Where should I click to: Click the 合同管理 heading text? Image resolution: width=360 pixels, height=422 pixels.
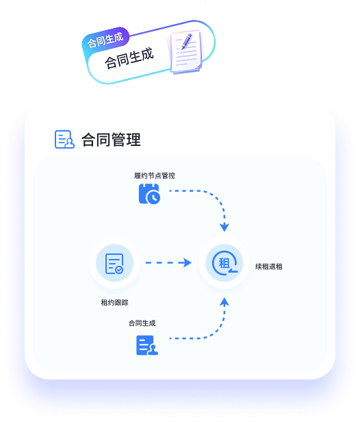[x=111, y=140]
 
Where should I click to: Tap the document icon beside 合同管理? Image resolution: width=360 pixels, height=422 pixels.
[x=64, y=140]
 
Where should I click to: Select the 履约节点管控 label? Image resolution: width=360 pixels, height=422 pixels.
[x=155, y=176]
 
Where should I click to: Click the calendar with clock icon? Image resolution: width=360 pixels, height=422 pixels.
[x=149, y=194]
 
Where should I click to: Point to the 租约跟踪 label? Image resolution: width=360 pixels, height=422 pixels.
[x=114, y=303]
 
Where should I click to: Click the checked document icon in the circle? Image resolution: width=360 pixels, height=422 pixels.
[x=114, y=264]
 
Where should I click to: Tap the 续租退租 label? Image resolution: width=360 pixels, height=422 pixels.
[x=269, y=266]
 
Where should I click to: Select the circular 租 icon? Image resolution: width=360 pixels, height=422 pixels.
[x=224, y=263]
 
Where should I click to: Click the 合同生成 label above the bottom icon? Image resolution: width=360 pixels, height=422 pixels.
[x=142, y=323]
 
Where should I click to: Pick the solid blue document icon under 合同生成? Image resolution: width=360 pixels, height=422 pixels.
[x=147, y=345]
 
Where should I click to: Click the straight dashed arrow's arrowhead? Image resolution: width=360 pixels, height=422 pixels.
[x=185, y=262]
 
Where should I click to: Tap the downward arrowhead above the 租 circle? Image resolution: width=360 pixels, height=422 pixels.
[x=224, y=227]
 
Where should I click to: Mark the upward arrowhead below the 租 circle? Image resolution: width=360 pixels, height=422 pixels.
[x=224, y=301]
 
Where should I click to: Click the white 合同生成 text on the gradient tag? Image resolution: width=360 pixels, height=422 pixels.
[x=105, y=40]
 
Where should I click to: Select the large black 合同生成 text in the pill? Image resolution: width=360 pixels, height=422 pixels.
[x=129, y=58]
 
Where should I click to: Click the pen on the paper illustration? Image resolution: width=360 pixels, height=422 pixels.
[x=187, y=41]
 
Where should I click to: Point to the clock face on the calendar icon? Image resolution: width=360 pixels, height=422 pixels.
[x=153, y=197]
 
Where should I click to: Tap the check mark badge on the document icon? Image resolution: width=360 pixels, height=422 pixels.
[x=119, y=270]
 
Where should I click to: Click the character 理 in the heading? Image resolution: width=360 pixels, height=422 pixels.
[x=133, y=140]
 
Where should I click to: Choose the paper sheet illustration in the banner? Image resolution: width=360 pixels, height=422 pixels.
[x=185, y=51]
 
